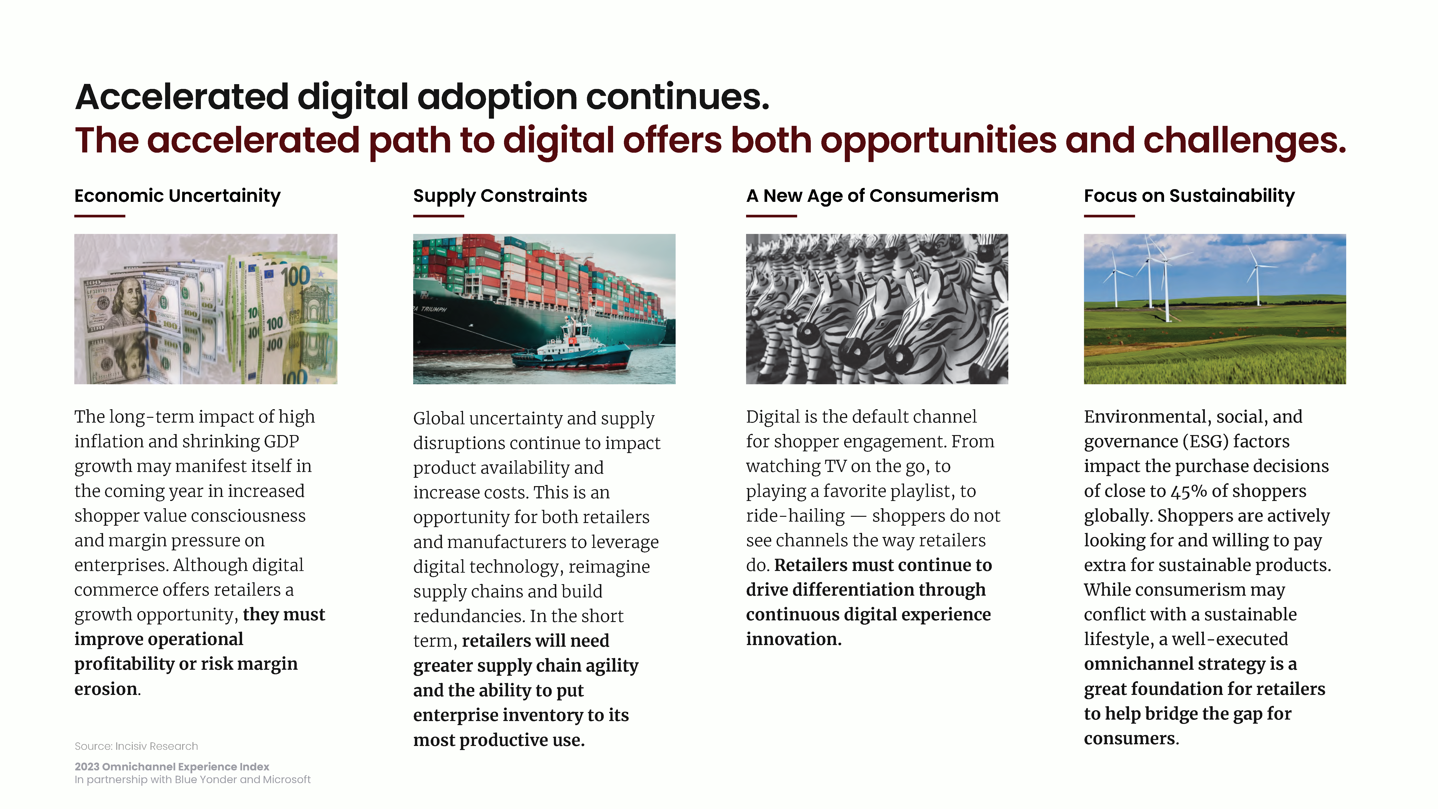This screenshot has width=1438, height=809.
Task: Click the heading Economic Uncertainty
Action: pyautogui.click(x=178, y=196)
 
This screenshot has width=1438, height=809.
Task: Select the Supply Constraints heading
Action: pyautogui.click(x=500, y=196)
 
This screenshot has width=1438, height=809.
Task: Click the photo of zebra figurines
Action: pyautogui.click(x=877, y=309)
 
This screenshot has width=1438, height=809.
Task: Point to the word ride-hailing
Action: pyautogui.click(x=795, y=516)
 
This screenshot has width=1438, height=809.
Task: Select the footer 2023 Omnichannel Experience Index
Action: pyautogui.click(x=172, y=767)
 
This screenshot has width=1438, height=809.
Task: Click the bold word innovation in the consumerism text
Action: pyautogui.click(x=794, y=639)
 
